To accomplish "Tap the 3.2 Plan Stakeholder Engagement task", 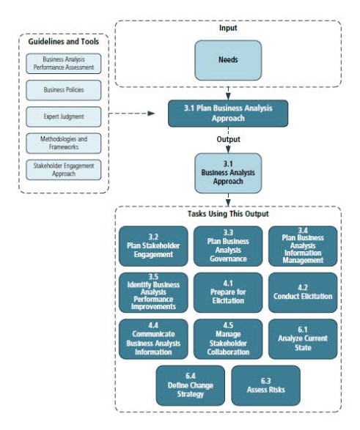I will pos(155,246).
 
